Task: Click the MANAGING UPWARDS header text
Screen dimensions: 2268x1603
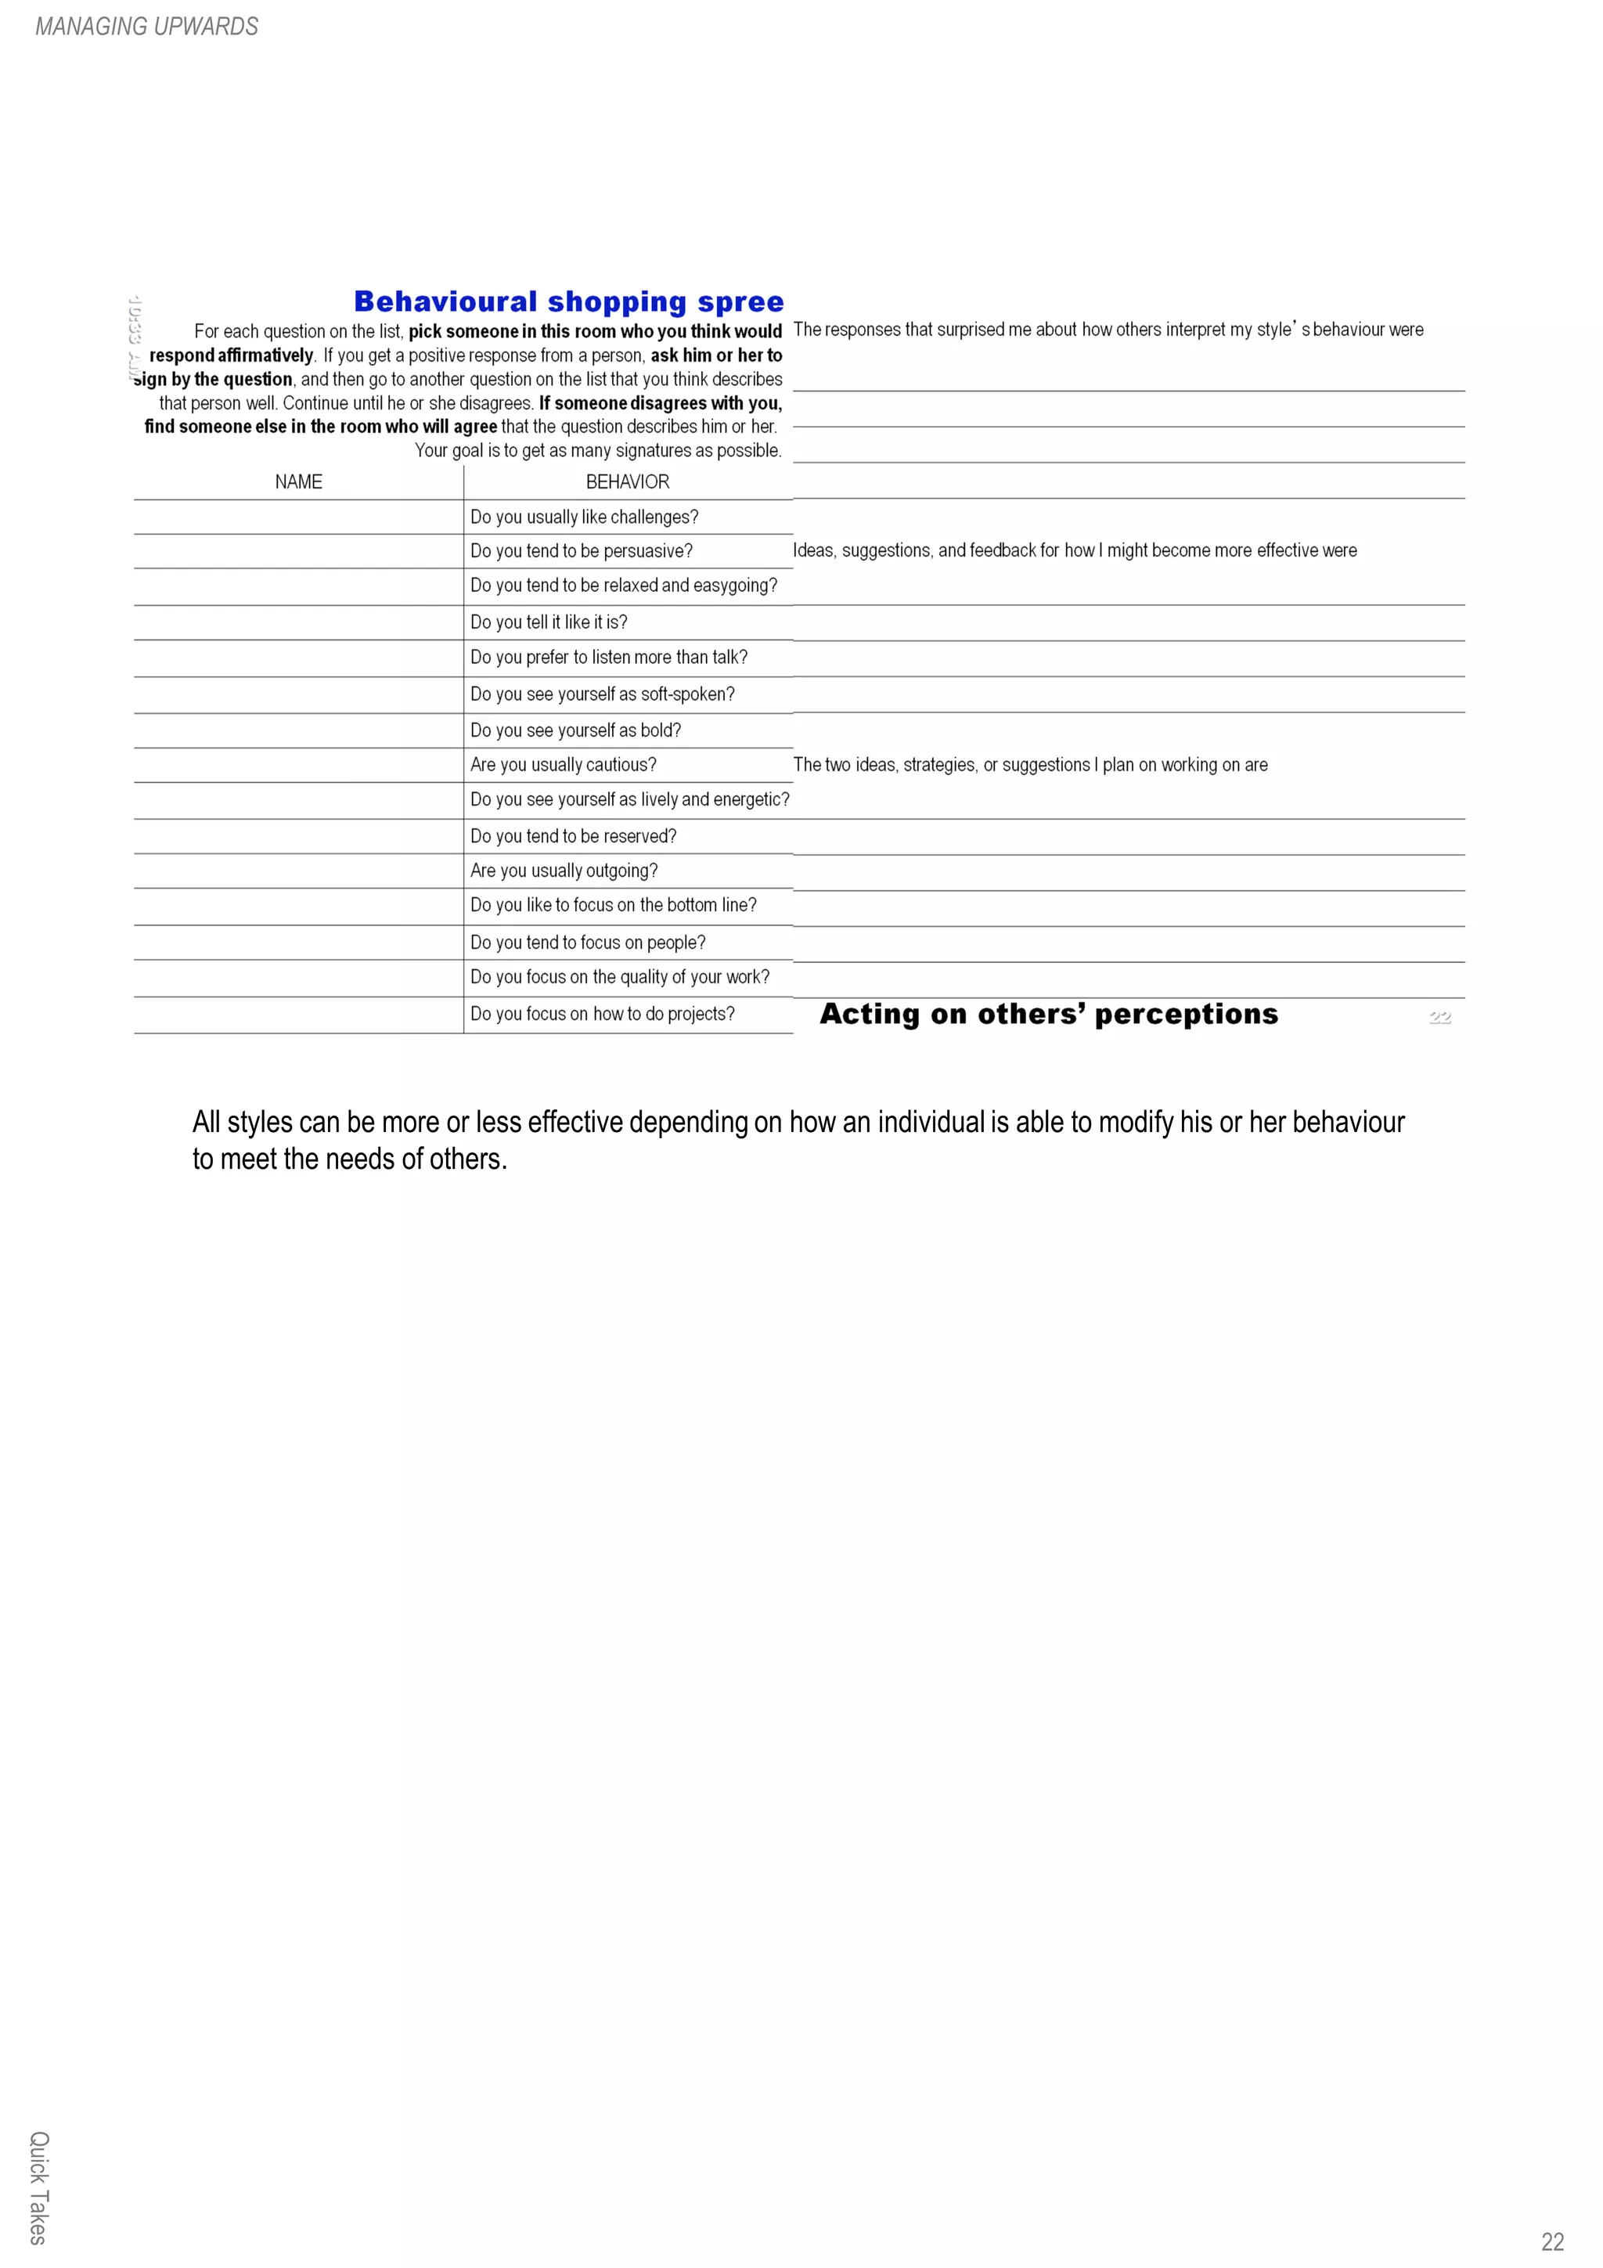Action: (146, 27)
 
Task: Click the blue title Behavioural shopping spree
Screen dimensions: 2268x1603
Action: (568, 301)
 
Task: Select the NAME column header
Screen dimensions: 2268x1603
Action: (298, 482)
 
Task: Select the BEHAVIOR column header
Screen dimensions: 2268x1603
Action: (627, 482)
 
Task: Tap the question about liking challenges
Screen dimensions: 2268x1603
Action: (584, 517)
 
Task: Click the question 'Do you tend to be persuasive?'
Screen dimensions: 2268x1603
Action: (581, 551)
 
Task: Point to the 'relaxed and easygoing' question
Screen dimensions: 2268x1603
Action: (623, 586)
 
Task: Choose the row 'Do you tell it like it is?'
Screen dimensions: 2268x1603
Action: (548, 622)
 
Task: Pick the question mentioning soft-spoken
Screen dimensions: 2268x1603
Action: (601, 694)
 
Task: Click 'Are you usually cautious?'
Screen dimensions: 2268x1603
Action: (563, 765)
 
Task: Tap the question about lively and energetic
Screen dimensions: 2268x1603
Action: (629, 799)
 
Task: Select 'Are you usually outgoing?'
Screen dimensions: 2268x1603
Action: (563, 871)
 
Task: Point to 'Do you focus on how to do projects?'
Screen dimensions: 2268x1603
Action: (601, 1014)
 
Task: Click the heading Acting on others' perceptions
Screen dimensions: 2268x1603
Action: (1048, 1015)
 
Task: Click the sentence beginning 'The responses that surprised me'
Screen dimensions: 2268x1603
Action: (1108, 330)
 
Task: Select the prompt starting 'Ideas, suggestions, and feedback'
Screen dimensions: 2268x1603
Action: (1074, 550)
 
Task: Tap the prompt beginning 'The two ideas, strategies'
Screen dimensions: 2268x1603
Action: (1029, 765)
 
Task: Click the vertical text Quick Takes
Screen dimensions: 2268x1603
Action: (38, 2187)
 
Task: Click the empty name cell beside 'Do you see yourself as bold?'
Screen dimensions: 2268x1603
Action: (298, 731)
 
